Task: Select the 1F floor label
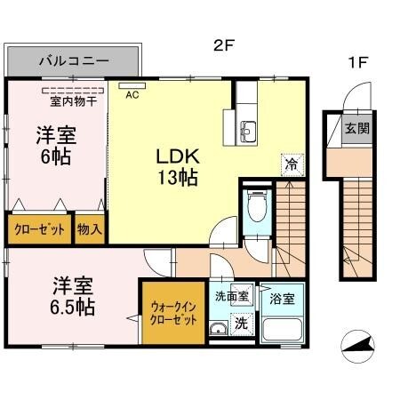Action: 357,63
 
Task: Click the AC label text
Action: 132,94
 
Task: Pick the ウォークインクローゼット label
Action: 168,312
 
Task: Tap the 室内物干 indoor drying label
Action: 68,100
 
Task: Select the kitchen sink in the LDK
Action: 246,134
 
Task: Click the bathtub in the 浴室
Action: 282,331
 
